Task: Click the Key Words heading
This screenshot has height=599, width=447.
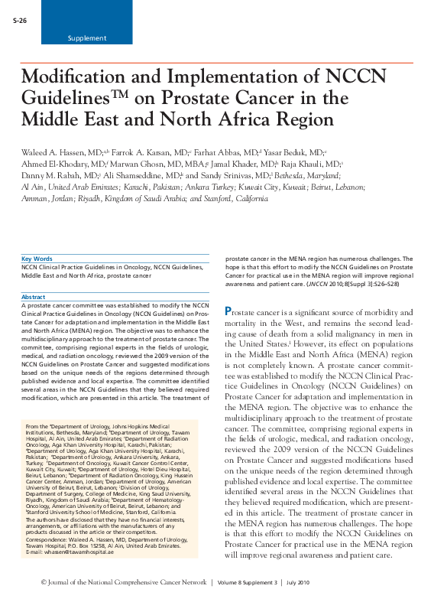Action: tap(37, 259)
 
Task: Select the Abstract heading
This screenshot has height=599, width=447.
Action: tap(34, 297)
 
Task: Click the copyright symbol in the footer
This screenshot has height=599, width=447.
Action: tap(28, 583)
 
